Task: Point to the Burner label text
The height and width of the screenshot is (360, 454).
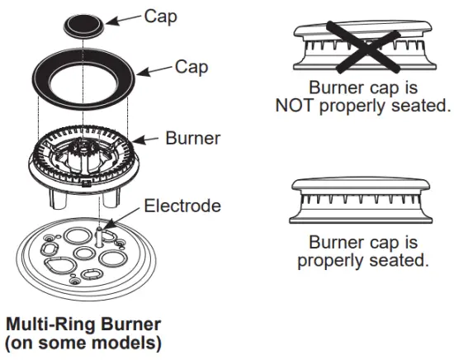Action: (192, 139)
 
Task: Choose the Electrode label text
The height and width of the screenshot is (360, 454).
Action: (183, 205)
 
